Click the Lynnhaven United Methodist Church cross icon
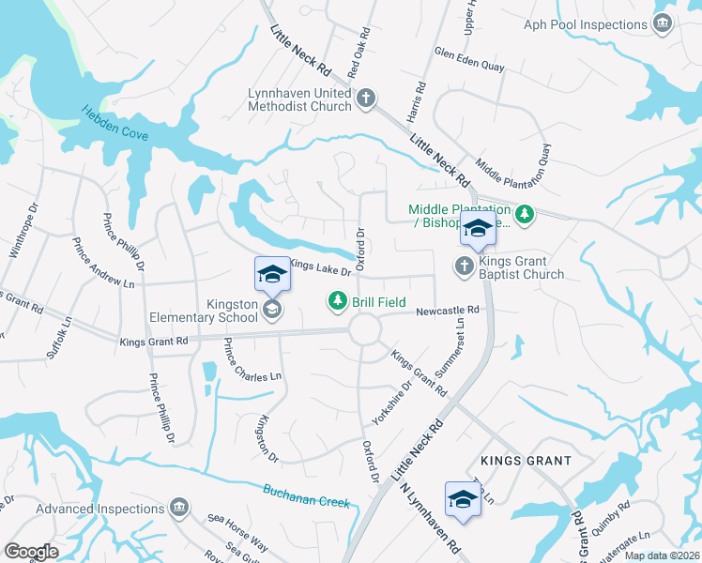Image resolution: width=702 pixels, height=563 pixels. click(366, 97)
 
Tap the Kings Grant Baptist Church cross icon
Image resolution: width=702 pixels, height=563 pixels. click(463, 266)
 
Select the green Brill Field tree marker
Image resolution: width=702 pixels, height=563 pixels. click(337, 301)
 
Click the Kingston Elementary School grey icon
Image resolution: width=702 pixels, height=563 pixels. click(271, 309)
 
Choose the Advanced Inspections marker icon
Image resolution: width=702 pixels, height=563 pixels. click(179, 509)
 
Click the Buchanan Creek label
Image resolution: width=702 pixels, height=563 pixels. click(306, 496)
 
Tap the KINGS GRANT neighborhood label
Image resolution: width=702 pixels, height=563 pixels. click(526, 461)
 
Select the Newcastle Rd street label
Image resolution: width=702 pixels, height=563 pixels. click(449, 310)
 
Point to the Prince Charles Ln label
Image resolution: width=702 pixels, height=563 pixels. click(252, 363)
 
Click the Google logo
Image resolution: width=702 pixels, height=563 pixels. click(31, 552)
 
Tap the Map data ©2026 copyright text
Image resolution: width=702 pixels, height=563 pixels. click(662, 555)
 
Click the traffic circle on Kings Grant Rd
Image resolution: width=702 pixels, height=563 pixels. click(364, 330)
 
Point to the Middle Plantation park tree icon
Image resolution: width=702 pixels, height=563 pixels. click(525, 216)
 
